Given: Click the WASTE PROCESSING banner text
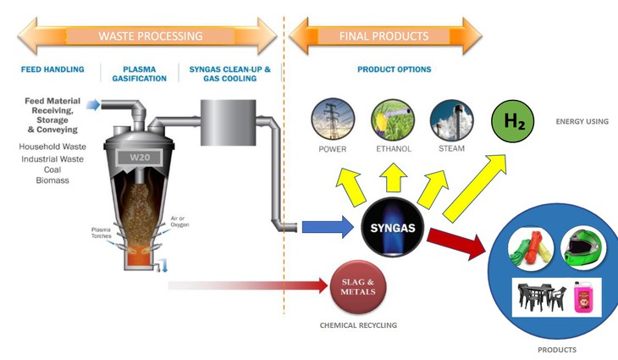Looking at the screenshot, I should click(151, 36).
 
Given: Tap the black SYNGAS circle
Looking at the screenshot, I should click(395, 228).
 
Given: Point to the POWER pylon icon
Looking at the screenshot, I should click(333, 120).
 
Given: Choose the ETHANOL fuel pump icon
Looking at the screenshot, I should click(392, 120).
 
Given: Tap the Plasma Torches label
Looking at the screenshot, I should click(107, 233).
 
